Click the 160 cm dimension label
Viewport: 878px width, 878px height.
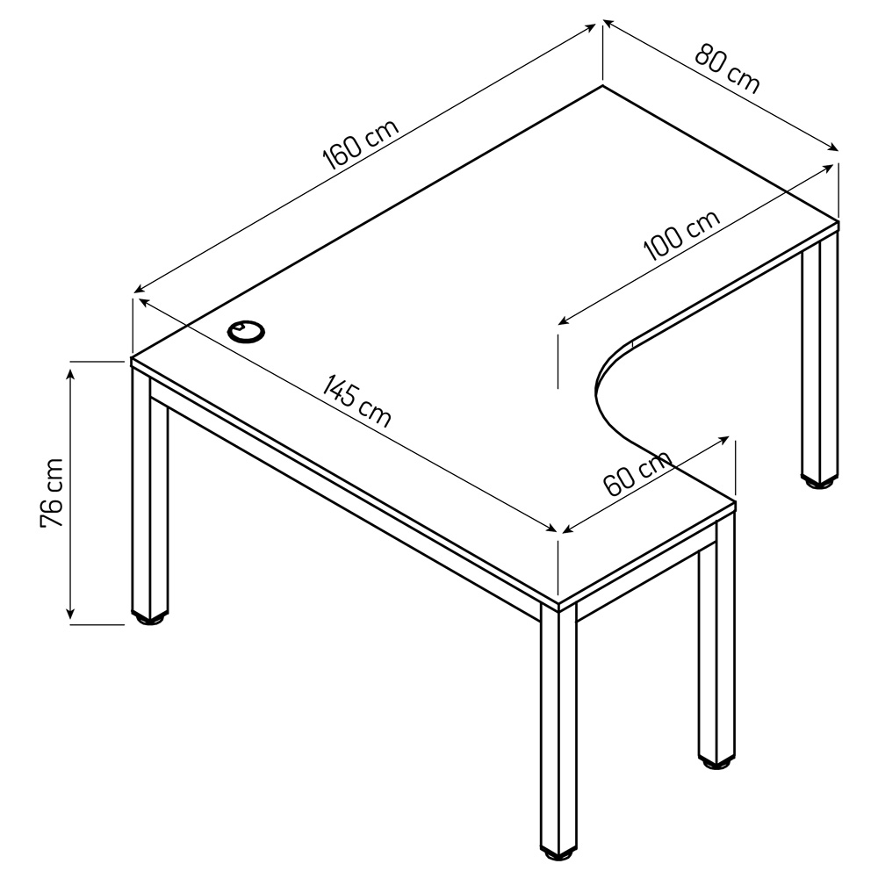pyautogui.click(x=361, y=144)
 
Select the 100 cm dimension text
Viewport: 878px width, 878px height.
pyautogui.click(x=681, y=235)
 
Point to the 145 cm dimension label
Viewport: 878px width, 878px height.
pyautogui.click(x=356, y=400)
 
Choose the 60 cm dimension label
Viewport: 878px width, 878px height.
pyautogui.click(x=637, y=473)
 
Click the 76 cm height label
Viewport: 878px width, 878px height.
pyautogui.click(x=52, y=493)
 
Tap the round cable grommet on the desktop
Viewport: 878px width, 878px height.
pyautogui.click(x=247, y=332)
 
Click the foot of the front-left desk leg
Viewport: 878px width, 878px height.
pyautogui.click(x=149, y=618)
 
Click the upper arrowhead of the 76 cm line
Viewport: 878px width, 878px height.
pyautogui.click(x=70, y=371)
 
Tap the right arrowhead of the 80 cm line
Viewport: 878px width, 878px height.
pyautogui.click(x=833, y=148)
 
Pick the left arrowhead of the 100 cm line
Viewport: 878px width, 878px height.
pyautogui.click(x=565, y=320)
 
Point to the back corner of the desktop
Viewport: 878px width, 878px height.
pyautogui.click(x=602, y=86)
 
